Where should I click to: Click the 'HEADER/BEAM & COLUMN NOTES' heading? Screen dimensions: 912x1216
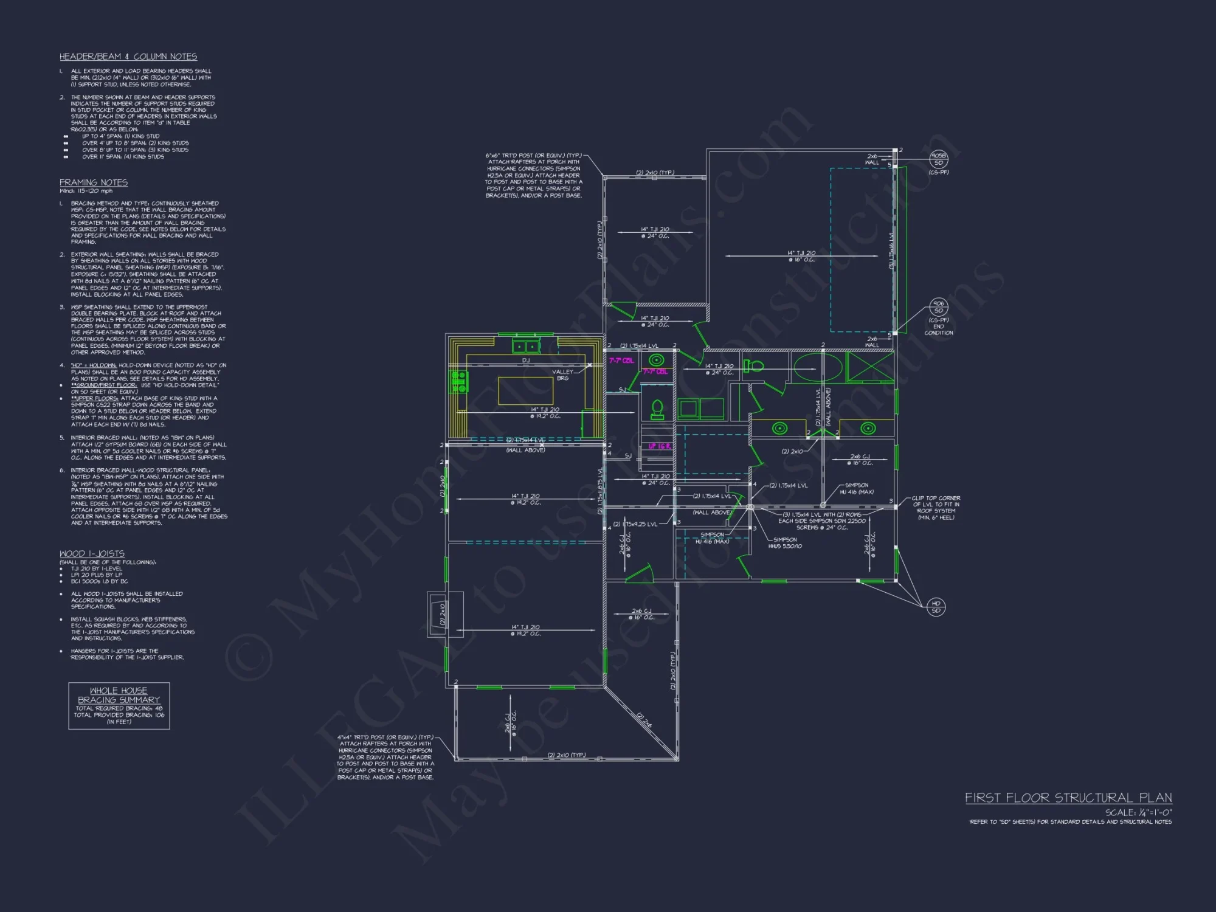click(128, 57)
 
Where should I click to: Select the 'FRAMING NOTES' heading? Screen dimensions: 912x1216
click(94, 182)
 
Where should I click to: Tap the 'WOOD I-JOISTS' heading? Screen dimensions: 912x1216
click(92, 554)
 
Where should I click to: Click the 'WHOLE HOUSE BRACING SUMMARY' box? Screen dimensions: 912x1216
click(119, 706)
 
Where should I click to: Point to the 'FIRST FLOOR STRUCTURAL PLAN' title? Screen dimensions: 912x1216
click(1068, 798)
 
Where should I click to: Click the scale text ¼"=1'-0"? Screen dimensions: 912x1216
click(1139, 812)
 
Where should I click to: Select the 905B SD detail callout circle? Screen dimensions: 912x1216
click(939, 159)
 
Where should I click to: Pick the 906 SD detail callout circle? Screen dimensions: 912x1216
click(939, 307)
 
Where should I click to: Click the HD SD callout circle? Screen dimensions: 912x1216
click(936, 607)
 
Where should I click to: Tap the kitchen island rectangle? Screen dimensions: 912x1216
click(525, 390)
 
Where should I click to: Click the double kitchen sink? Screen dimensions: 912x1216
click(525, 347)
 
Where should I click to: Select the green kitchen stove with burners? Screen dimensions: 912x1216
click(459, 381)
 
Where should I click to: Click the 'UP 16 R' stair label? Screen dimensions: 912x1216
click(659, 446)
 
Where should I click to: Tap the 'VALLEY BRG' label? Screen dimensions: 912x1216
click(562, 375)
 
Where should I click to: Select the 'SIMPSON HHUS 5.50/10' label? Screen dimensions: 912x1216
click(785, 543)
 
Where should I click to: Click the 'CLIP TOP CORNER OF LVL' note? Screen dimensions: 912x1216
click(936, 508)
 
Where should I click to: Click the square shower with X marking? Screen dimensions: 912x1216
click(870, 367)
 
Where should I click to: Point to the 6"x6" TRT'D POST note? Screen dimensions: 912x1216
click(533, 175)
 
